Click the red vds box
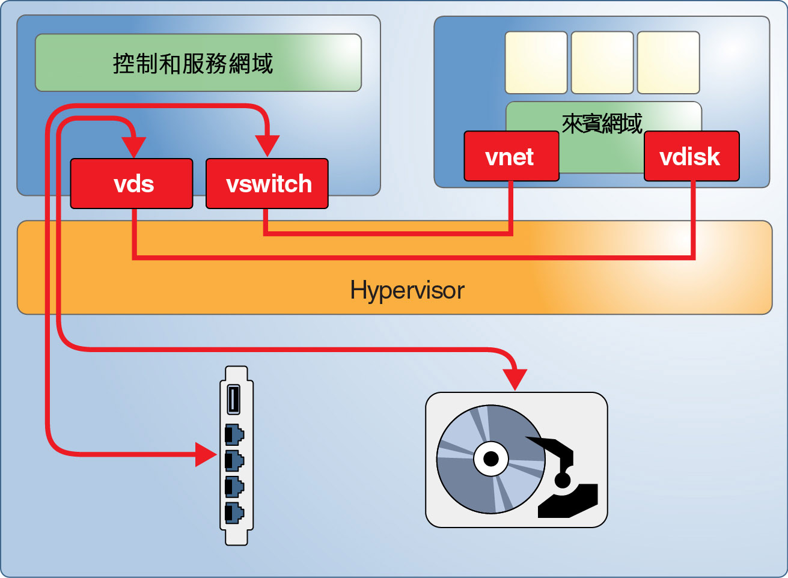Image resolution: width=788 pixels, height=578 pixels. [x=132, y=184]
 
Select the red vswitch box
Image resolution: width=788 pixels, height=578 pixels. [x=267, y=184]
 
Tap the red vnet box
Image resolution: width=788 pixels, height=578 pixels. [x=511, y=157]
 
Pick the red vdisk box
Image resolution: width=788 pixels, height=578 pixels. [x=691, y=157]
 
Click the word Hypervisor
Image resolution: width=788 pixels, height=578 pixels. [x=407, y=290]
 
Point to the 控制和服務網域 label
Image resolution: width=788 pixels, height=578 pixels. [x=193, y=63]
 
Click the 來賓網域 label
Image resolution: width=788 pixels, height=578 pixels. [x=602, y=124]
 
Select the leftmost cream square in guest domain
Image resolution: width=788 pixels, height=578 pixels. [x=536, y=63]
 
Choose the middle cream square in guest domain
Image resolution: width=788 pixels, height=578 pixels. [x=602, y=63]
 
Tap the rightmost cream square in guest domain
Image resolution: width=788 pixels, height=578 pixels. [x=668, y=63]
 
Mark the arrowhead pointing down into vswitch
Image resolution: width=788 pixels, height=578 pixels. [x=267, y=146]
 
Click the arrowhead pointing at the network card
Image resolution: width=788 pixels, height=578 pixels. [x=206, y=454]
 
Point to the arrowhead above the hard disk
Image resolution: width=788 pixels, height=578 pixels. [x=515, y=379]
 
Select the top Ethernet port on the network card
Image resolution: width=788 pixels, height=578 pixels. [x=234, y=434]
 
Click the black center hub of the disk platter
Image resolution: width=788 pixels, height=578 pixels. [x=491, y=459]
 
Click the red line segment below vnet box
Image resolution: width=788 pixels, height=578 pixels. [x=511, y=207]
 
